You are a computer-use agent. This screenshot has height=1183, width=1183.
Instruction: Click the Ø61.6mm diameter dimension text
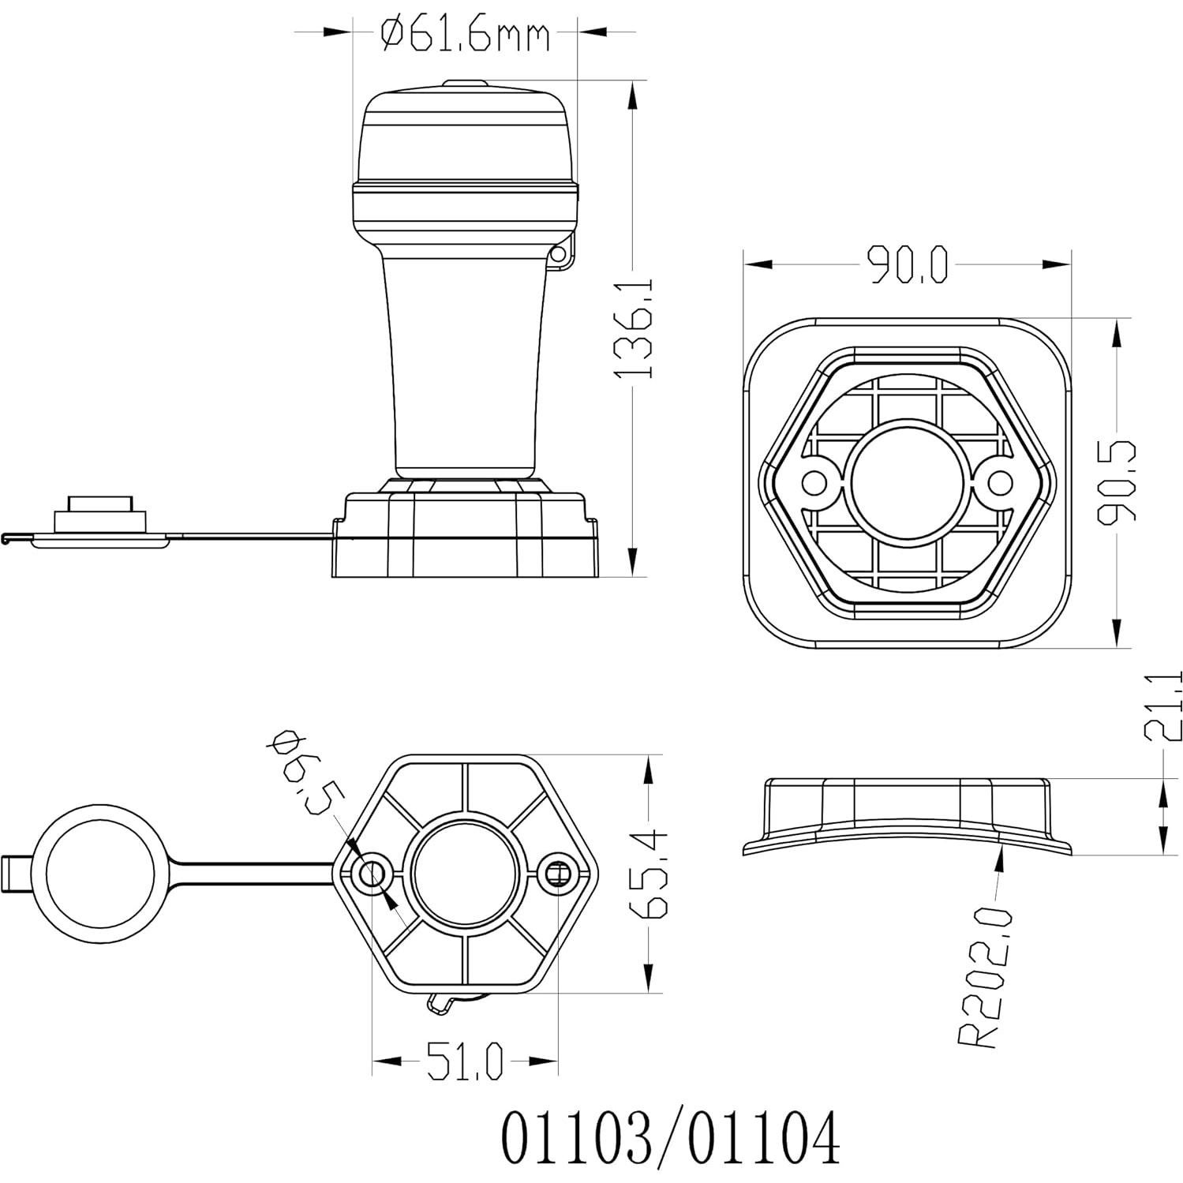click(465, 35)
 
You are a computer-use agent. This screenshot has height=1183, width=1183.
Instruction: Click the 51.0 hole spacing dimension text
click(465, 1060)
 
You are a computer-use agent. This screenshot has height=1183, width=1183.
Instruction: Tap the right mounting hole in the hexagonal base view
click(558, 873)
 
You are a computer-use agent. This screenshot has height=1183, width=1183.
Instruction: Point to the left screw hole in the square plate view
click(814, 481)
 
